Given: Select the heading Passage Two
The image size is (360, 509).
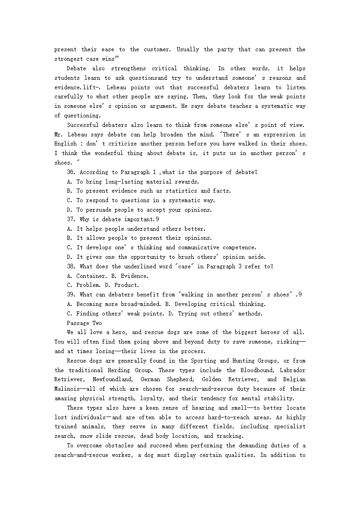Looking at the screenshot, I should (84, 323).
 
